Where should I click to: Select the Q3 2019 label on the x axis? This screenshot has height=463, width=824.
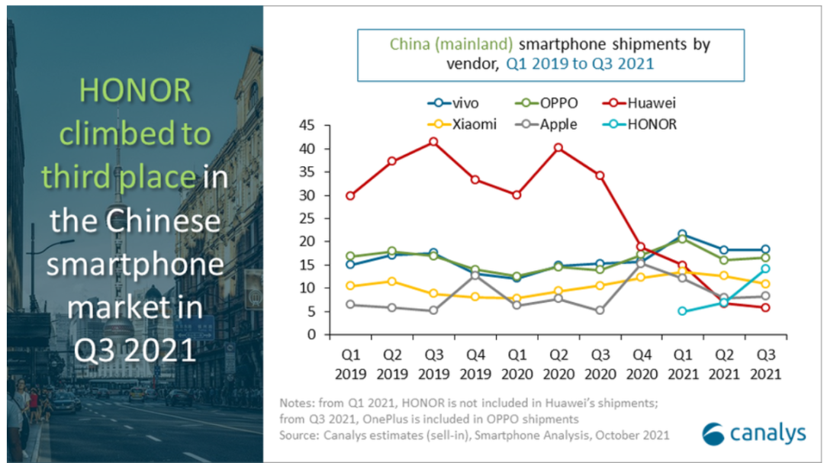pyautogui.click(x=433, y=365)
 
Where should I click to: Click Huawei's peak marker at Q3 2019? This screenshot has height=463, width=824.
pyautogui.click(x=433, y=142)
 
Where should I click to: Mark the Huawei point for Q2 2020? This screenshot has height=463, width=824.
pyautogui.click(x=558, y=148)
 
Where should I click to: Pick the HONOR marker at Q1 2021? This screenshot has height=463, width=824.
pyautogui.click(x=682, y=311)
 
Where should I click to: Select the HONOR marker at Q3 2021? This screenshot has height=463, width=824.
pyautogui.click(x=765, y=268)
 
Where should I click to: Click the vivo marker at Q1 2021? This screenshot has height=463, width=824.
pyautogui.click(x=682, y=234)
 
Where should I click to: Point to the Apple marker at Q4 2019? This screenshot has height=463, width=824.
pyautogui.click(x=475, y=275)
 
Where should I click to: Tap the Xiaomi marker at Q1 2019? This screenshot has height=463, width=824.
pyautogui.click(x=350, y=286)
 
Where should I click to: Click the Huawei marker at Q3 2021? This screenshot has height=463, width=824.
pyautogui.click(x=765, y=307)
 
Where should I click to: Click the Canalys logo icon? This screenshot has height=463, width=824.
pyautogui.click(x=713, y=432)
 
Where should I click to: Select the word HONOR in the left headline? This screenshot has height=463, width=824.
pyautogui.click(x=134, y=92)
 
